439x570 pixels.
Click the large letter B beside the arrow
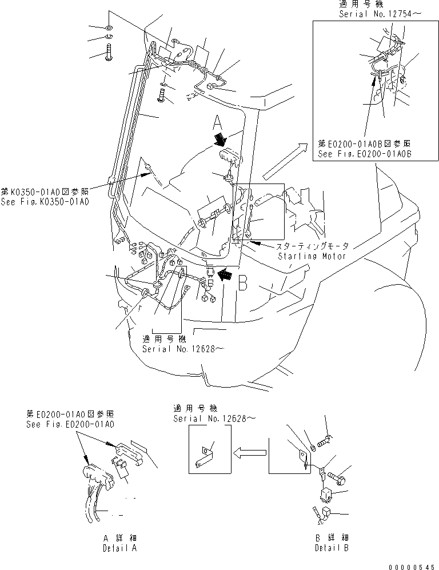click(x=242, y=282)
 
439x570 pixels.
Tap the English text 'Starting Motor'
click(x=312, y=256)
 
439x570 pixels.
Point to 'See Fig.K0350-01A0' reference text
click(x=45, y=201)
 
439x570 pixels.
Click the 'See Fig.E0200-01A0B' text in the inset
click(x=365, y=154)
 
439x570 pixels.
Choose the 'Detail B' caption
click(x=332, y=547)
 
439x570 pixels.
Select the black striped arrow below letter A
click(x=221, y=140)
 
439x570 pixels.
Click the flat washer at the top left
click(x=109, y=28)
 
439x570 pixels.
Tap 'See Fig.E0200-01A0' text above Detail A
click(x=70, y=425)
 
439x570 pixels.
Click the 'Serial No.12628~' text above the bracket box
click(x=211, y=418)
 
